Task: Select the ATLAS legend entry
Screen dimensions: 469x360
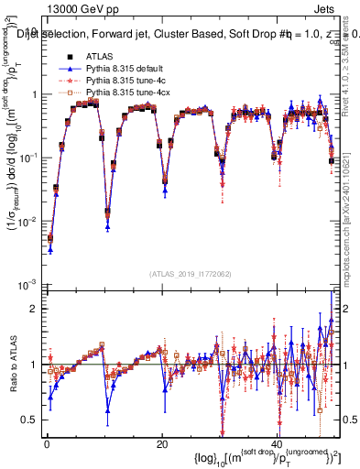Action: [x=101, y=56]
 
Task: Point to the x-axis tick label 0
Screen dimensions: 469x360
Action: [x=46, y=442]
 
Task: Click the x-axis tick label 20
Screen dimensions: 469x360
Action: [x=161, y=442]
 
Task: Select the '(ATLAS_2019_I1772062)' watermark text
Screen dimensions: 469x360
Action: [x=191, y=274]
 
